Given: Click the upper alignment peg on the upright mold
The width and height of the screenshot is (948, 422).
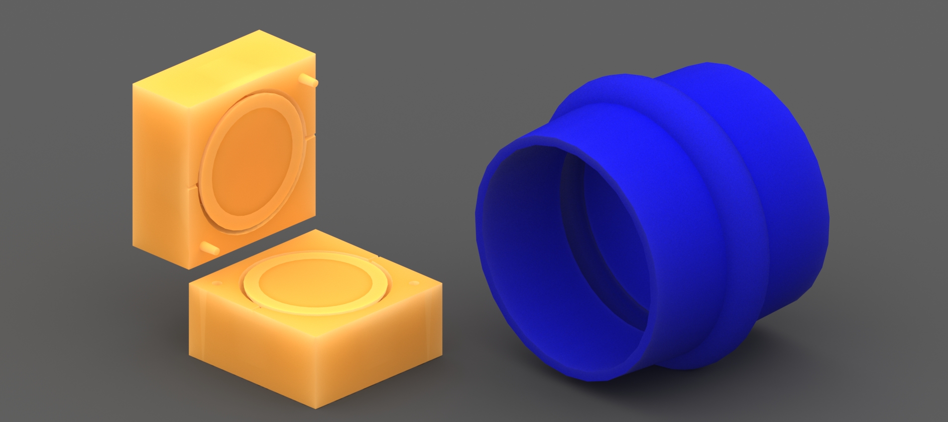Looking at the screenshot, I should click(309, 80).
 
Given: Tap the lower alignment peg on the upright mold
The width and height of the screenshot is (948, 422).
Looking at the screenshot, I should click(210, 246).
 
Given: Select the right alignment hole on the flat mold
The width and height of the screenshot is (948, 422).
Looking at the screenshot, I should click(414, 284).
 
